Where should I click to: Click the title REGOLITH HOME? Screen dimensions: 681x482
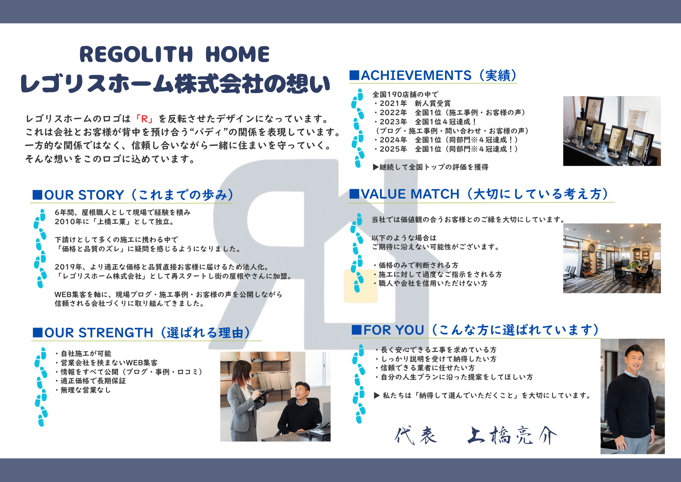coord(174,55)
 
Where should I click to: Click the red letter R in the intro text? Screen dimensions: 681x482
coord(145,119)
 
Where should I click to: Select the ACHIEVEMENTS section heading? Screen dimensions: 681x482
coord(433,75)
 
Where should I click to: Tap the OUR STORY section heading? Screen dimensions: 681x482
coord(133,195)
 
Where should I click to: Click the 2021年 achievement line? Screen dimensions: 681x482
coord(412,103)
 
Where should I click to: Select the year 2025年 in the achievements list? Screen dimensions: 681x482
coord(394,149)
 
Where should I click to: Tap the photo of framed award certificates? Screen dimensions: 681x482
coord(612,131)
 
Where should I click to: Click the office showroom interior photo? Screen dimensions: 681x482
coord(612,258)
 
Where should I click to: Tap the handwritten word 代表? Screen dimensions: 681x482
coord(416,436)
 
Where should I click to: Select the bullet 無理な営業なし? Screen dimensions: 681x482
coord(83,390)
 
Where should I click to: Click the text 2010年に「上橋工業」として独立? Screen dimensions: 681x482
coord(114,222)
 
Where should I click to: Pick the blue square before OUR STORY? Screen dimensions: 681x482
coord(37,195)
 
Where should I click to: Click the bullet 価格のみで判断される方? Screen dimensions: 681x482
coord(416,265)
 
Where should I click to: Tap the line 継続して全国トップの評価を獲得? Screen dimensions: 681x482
coord(430,167)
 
